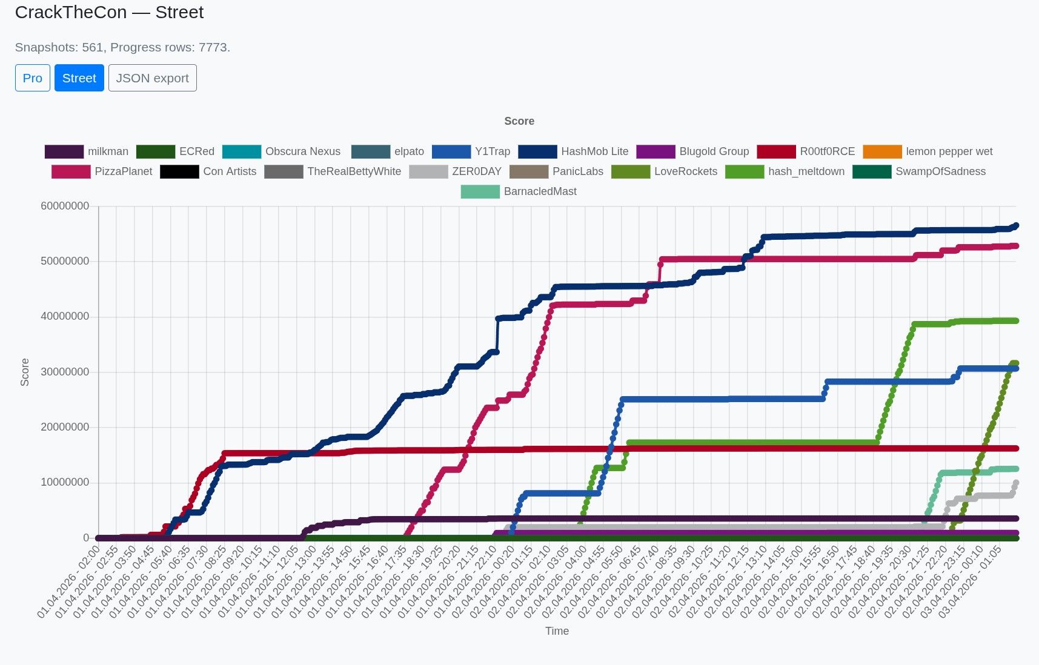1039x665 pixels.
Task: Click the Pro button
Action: pyautogui.click(x=33, y=78)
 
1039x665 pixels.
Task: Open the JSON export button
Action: pyautogui.click(x=152, y=78)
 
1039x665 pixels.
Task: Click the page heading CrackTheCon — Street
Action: pyautogui.click(x=109, y=12)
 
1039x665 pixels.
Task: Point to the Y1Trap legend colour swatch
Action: pyautogui.click(x=451, y=151)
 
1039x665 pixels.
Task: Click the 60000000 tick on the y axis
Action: pyautogui.click(x=65, y=206)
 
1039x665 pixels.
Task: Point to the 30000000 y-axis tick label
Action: pyautogui.click(x=65, y=372)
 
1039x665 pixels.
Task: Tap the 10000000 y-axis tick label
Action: pyautogui.click(x=65, y=482)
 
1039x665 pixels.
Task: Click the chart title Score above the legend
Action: pyautogui.click(x=519, y=121)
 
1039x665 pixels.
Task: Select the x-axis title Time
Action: pyautogui.click(x=557, y=631)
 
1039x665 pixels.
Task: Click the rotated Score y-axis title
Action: pyautogui.click(x=25, y=372)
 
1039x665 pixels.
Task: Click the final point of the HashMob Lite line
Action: pyautogui.click(x=1016, y=225)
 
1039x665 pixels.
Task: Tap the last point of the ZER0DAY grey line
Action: pyautogui.click(x=1016, y=483)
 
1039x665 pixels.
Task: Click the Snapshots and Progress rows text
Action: pyautogui.click(x=122, y=47)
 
